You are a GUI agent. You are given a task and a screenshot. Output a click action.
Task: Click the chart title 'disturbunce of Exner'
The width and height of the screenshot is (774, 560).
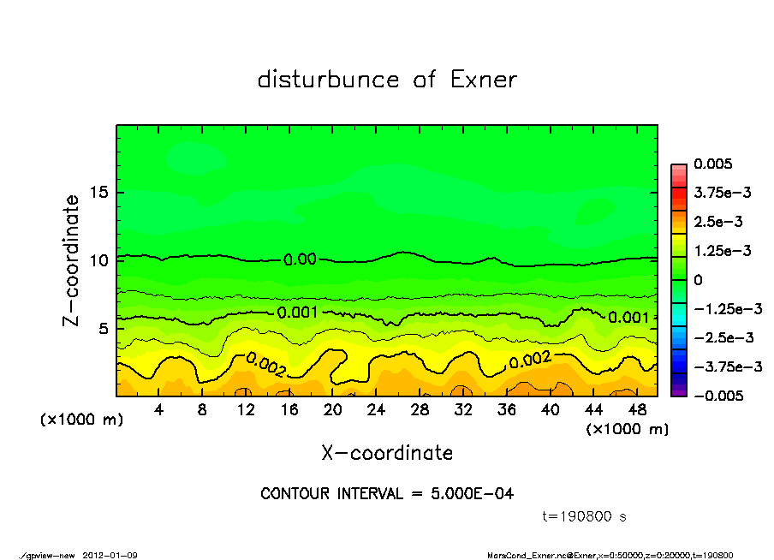click(x=387, y=80)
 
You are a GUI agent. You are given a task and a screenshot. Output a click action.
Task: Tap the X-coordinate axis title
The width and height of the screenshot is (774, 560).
click(x=387, y=453)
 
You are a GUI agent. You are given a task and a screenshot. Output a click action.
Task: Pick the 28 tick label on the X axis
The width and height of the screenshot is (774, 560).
click(x=420, y=410)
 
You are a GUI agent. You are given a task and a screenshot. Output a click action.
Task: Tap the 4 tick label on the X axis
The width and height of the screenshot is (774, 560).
click(x=159, y=410)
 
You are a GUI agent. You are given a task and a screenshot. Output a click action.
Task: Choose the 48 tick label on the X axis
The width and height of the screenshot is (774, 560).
click(x=636, y=410)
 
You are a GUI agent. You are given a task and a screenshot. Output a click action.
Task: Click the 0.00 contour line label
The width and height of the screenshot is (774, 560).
click(x=300, y=259)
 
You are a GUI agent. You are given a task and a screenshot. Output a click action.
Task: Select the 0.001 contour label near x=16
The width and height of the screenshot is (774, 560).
click(x=298, y=313)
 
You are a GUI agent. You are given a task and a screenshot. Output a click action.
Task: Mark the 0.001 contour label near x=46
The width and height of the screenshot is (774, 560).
click(x=628, y=318)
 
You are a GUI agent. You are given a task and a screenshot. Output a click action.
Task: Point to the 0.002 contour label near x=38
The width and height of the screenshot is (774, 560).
click(x=530, y=360)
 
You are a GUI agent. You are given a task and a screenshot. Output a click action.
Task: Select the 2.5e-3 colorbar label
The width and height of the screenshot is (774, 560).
click(x=718, y=222)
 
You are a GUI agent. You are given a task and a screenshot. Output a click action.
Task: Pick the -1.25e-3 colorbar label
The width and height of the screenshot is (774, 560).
click(x=728, y=308)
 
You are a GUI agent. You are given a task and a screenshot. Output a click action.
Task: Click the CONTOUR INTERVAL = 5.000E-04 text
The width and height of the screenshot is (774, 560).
click(x=387, y=494)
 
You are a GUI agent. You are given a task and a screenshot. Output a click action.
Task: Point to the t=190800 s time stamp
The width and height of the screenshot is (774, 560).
click(x=586, y=516)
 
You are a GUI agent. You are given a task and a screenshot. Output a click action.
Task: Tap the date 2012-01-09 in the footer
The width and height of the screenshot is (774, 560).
click(x=110, y=556)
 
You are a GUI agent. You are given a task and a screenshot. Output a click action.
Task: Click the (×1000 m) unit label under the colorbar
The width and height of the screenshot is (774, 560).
click(x=627, y=429)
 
